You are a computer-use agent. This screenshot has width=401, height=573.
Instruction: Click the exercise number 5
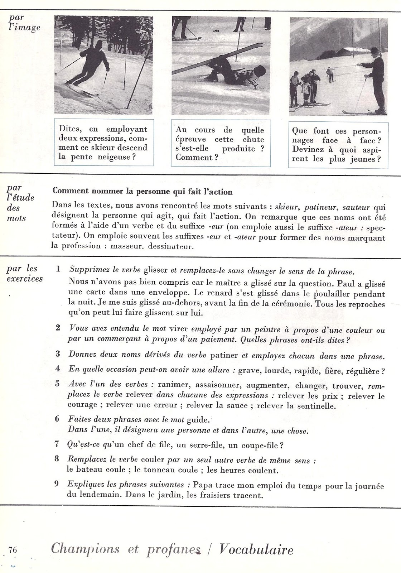point(57,384)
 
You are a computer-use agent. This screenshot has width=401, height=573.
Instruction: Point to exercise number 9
point(57,484)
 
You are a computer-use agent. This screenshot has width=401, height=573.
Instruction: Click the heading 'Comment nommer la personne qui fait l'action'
point(142,192)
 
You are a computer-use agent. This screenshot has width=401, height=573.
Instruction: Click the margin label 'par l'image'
point(24,23)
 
